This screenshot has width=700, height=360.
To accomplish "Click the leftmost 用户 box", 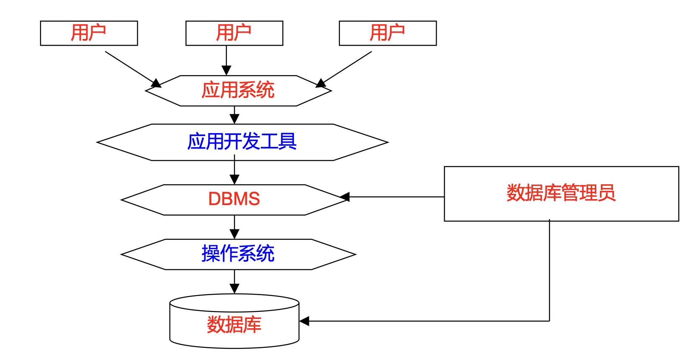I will [89, 33].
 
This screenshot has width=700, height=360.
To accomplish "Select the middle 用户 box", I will [234, 33].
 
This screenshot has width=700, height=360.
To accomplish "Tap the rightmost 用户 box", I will [388, 33].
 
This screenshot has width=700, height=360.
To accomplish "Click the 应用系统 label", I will [238, 90].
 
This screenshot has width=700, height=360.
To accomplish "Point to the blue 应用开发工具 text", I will [242, 142].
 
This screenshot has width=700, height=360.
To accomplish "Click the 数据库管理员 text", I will [561, 193].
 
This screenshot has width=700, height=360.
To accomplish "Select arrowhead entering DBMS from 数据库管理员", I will [345, 197].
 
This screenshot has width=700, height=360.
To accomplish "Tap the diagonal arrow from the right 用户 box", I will [346, 68].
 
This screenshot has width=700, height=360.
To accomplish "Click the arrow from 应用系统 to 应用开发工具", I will [234, 114].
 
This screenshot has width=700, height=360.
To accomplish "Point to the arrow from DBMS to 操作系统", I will [234, 226].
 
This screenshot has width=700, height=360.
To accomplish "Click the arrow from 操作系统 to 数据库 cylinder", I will [234, 281].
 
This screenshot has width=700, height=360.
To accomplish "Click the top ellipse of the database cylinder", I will [234, 303].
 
